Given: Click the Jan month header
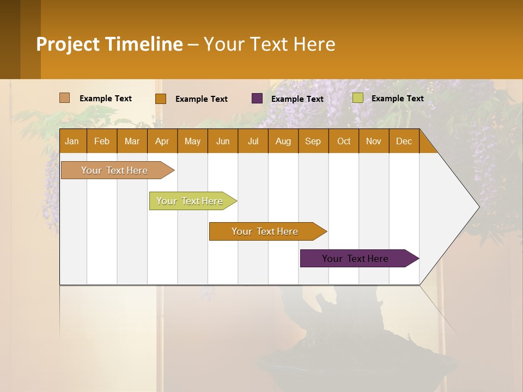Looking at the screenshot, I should coord(72,142).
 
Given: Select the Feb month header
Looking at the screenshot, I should coord(102,142).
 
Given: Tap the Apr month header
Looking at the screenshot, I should coord(162,142).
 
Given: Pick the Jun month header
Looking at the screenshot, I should coord(223,142).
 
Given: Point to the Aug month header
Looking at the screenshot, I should coord(283,142).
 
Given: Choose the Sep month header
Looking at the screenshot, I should coord(313,142).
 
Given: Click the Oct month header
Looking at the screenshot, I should coord(344,142).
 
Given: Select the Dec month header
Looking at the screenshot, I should coord(404,142).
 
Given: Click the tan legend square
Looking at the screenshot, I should coord(65,98).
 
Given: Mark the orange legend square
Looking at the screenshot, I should coord(161,99).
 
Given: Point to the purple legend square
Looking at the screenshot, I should coord(257,99).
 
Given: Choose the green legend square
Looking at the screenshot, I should coord(357,98).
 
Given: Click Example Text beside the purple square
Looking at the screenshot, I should coord(297,99).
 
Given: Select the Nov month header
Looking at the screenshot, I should coord(374,142).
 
